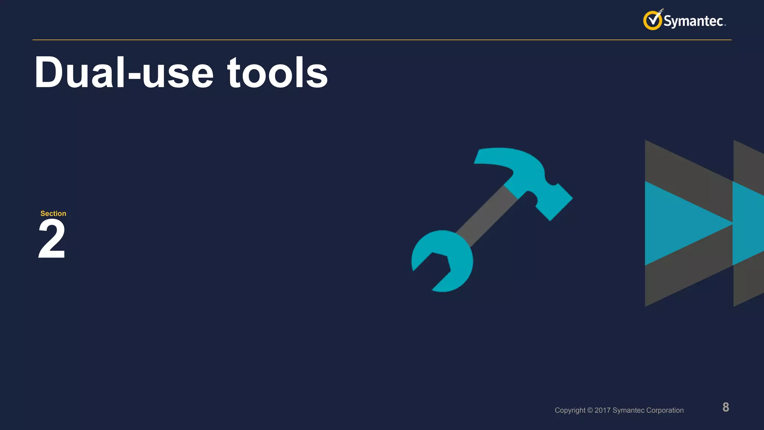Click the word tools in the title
pos(278,73)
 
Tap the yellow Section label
pos(53,214)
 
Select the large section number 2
pos(52,239)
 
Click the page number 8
pos(726,407)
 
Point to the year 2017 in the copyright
pos(602,410)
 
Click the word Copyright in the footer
pos(570,410)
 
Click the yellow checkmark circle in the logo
pos(652,21)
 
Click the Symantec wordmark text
pos(693,21)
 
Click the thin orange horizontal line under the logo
pos(373,40)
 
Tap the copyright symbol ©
pos(590,410)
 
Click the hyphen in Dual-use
pos(134,77)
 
